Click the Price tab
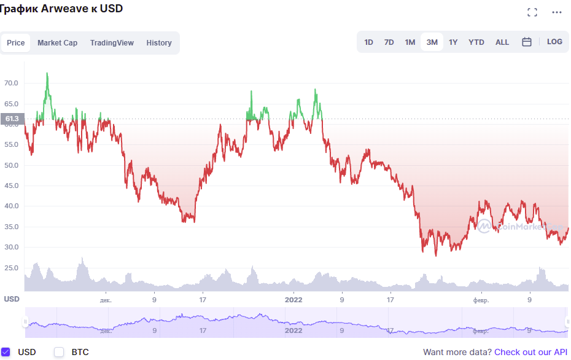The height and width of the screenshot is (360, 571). point(16,43)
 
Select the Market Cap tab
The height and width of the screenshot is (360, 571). point(57,43)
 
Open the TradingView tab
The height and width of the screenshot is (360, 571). point(112,43)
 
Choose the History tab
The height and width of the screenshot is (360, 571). point(159,43)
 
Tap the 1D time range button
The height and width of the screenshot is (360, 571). point(368,42)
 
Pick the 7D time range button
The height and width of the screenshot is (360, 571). point(389,42)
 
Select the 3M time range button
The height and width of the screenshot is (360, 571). point(432,42)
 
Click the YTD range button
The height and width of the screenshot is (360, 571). point(476,42)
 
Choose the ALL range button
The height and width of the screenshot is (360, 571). point(502,42)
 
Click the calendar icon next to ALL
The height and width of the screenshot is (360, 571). point(527,42)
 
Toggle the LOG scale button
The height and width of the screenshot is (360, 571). point(554,42)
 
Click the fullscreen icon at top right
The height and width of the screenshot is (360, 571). point(532,12)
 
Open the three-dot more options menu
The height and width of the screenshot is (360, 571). point(557,12)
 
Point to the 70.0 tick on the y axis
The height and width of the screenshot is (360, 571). point(11,83)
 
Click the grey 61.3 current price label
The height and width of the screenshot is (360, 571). point(11,119)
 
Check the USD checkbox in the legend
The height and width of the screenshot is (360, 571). point(6,352)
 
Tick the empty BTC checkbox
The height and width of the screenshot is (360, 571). point(59,352)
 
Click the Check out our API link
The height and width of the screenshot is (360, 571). point(530,352)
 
